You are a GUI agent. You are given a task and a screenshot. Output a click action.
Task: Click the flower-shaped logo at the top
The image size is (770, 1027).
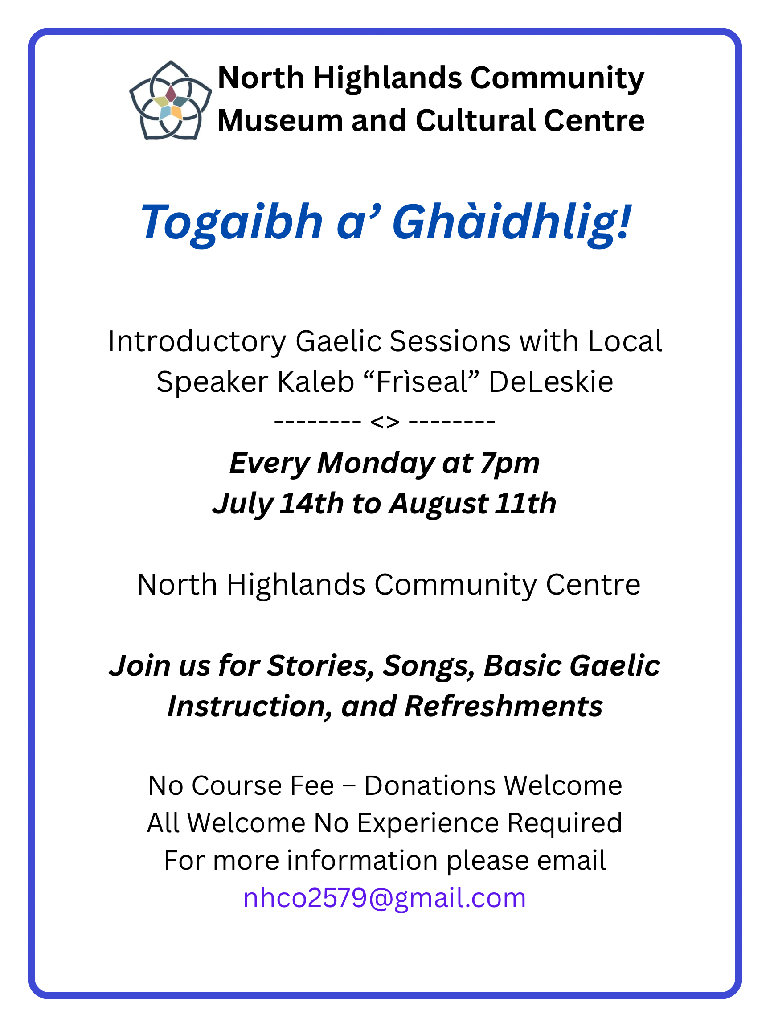tap(170, 100)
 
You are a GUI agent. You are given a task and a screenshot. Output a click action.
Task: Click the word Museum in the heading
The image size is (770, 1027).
tap(280, 121)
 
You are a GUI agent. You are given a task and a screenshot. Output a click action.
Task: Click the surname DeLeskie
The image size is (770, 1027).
tap(551, 382)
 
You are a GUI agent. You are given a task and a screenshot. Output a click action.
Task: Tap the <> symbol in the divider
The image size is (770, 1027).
tap(385, 422)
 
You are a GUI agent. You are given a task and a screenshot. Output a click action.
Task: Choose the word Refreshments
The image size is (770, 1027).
tap(504, 707)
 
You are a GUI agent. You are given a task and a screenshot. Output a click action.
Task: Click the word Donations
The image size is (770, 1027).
tap(430, 785)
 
